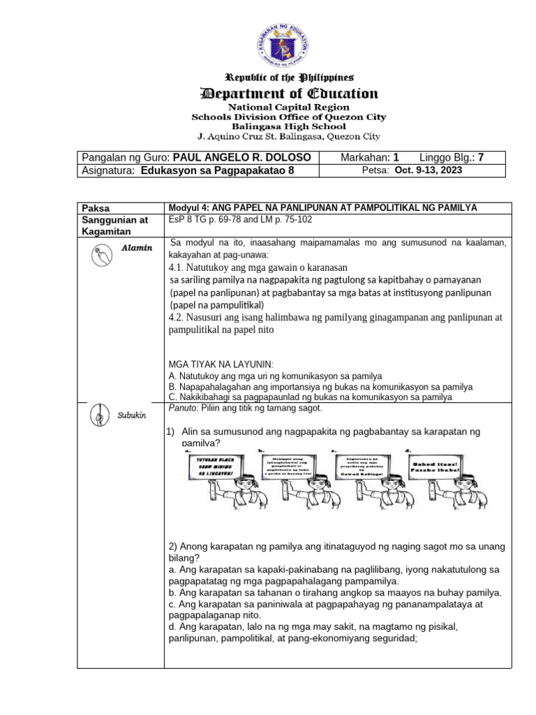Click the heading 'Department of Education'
[x=289, y=93]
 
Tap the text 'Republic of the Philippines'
[x=289, y=77]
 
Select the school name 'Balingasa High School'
[x=289, y=127]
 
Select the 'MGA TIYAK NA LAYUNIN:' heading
[x=221, y=364]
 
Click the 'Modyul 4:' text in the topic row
[x=189, y=208]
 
